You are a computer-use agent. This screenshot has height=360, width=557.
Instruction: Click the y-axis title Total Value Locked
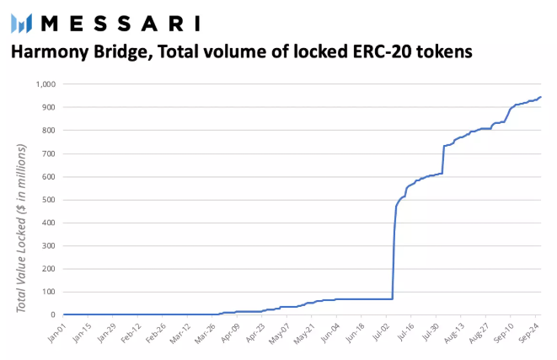point(23,228)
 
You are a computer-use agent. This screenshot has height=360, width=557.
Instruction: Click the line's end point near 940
point(540,97)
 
